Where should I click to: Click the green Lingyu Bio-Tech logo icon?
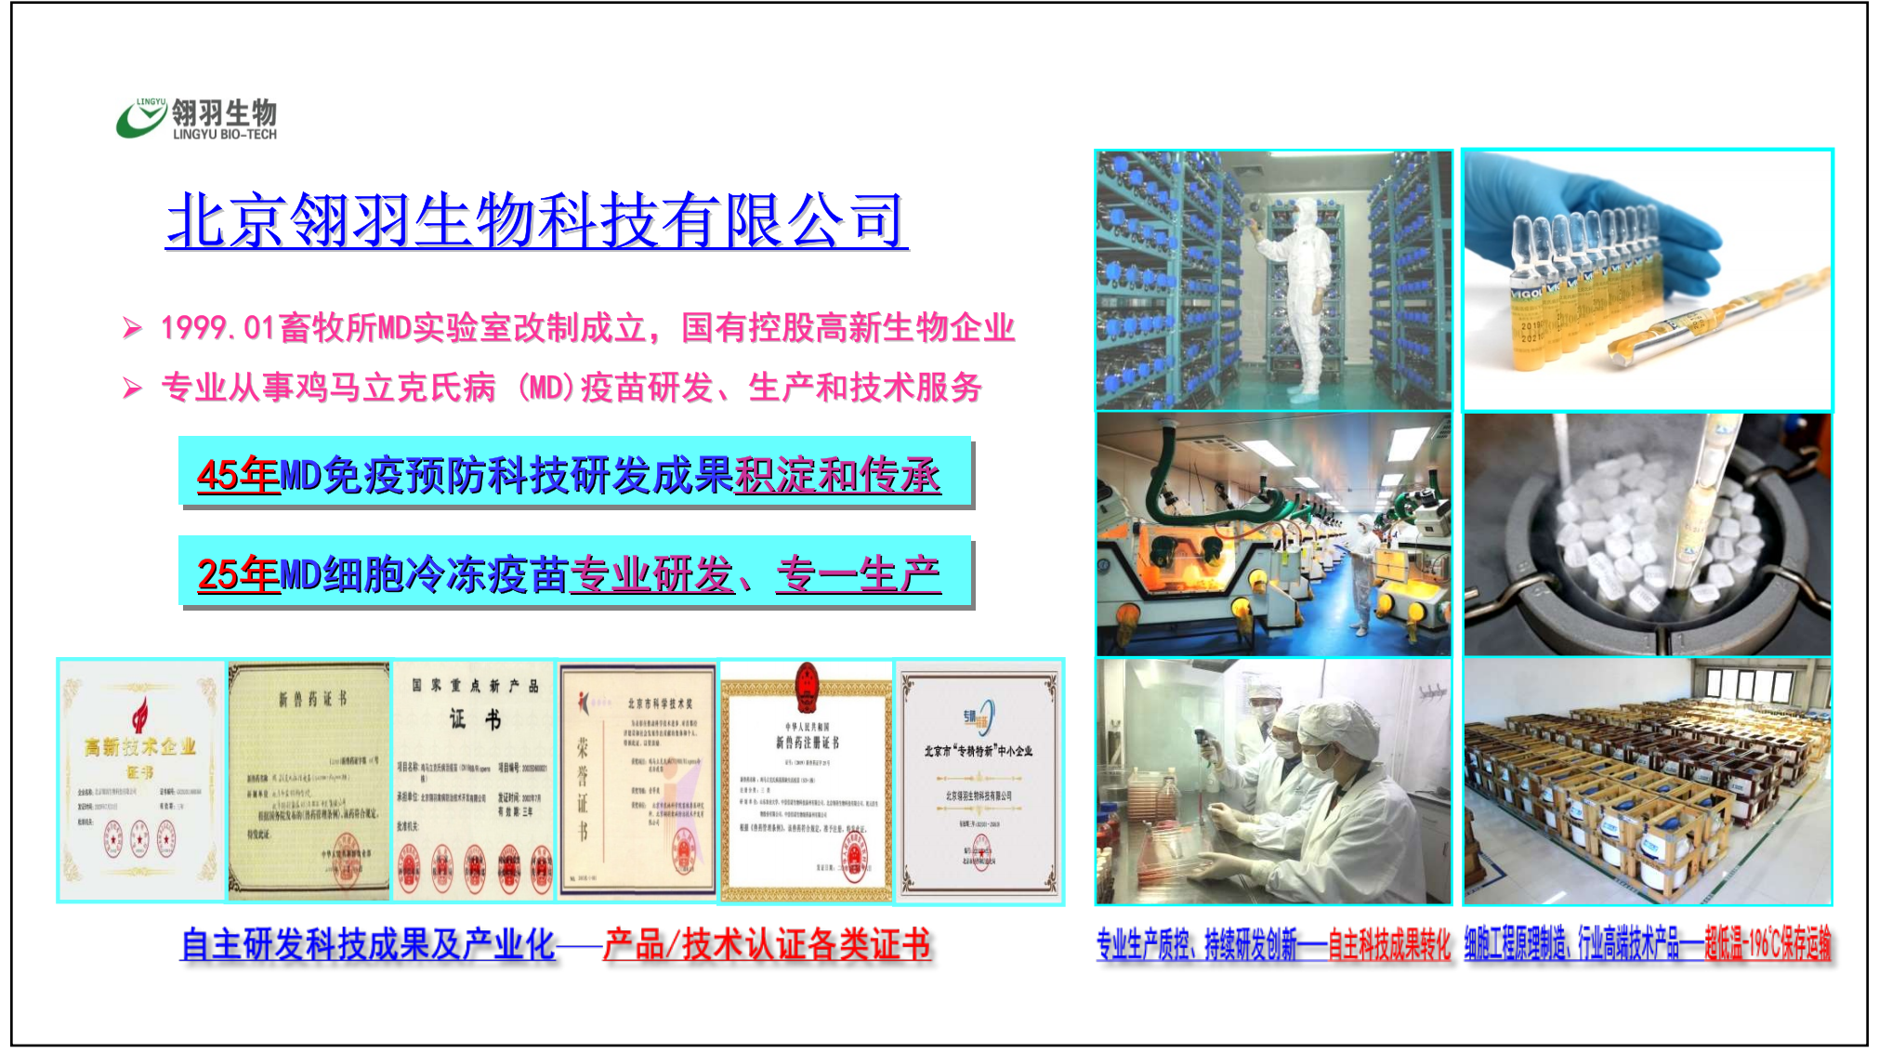[x=139, y=119]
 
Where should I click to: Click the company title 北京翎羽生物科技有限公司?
[x=535, y=221]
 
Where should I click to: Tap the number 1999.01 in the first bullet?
[x=217, y=328]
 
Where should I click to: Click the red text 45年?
[x=237, y=475]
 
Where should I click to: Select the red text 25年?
[x=237, y=574]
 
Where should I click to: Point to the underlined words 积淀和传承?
[x=837, y=475]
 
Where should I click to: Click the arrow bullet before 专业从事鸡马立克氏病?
[x=133, y=388]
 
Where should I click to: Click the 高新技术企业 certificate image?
[x=141, y=781]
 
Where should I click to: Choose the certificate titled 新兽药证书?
[x=309, y=781]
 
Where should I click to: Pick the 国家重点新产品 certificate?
[x=474, y=781]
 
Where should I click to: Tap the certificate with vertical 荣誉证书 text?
[x=637, y=781]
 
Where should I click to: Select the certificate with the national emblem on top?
[x=807, y=781]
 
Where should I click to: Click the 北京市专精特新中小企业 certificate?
[x=979, y=781]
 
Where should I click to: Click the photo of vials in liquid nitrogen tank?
[x=1647, y=535]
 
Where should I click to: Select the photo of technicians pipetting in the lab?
[x=1273, y=781]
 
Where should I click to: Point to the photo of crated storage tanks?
[x=1647, y=781]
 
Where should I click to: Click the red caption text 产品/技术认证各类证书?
[x=767, y=945]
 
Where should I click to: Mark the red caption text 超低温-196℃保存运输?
[x=1767, y=945]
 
